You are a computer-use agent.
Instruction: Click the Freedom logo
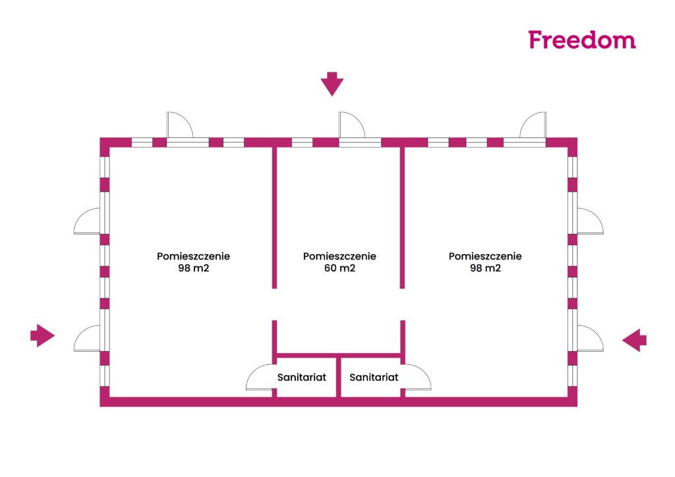[582, 40]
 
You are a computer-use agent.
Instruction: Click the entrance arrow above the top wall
[332, 84]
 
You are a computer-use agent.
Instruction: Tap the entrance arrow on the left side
[43, 335]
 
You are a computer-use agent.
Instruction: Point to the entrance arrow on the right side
[635, 340]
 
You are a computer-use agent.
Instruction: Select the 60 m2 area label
[339, 268]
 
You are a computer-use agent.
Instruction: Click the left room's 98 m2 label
[194, 268]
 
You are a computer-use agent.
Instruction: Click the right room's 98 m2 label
[485, 268]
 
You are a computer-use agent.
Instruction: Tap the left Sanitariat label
[302, 378]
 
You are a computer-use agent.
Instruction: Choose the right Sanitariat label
[374, 378]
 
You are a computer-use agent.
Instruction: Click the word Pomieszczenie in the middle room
[339, 256]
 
